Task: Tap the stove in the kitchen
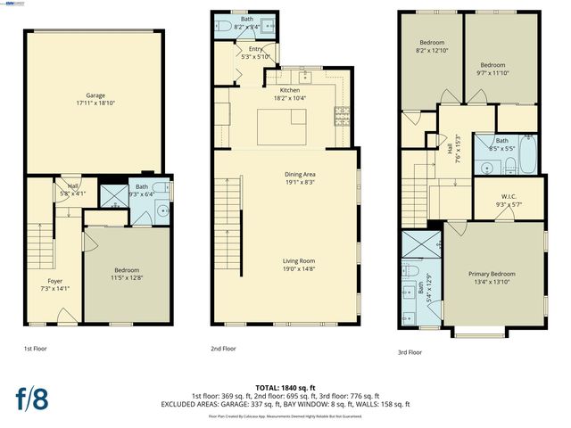point(342,113)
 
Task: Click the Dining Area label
point(290,174)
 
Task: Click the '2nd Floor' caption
point(223,349)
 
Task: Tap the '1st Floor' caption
point(36,349)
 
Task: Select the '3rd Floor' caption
point(410,352)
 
